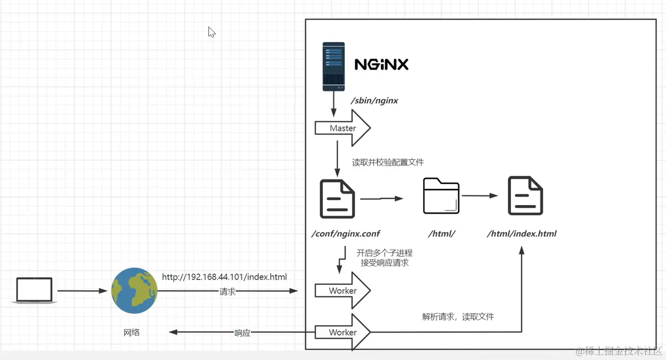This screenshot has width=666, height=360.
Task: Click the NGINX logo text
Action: point(381,65)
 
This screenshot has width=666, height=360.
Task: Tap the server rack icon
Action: point(333,66)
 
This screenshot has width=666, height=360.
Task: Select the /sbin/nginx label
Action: point(374,101)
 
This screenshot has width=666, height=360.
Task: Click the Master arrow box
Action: point(343,128)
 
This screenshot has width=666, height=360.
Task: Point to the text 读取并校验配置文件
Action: point(388,162)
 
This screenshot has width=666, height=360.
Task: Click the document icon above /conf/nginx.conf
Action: point(338,198)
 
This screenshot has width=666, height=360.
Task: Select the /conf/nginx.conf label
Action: point(345,234)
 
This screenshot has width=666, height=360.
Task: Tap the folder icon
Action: point(441,196)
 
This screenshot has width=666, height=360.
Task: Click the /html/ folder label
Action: point(441,234)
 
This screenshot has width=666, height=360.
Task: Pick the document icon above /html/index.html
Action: point(525,196)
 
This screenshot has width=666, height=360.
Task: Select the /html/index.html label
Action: point(521,234)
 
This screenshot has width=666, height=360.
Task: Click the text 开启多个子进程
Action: point(384,253)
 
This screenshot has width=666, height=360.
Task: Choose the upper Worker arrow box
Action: point(343,291)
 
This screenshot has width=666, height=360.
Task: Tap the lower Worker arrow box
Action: point(343,332)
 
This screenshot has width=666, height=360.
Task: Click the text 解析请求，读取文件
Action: point(458,316)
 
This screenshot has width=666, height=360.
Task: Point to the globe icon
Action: point(134,290)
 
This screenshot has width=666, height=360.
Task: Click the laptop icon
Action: point(34,290)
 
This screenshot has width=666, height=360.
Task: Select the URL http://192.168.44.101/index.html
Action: point(224,277)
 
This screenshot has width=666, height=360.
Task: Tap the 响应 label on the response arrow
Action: point(242,333)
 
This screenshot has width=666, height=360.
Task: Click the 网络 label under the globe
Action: point(132,332)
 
